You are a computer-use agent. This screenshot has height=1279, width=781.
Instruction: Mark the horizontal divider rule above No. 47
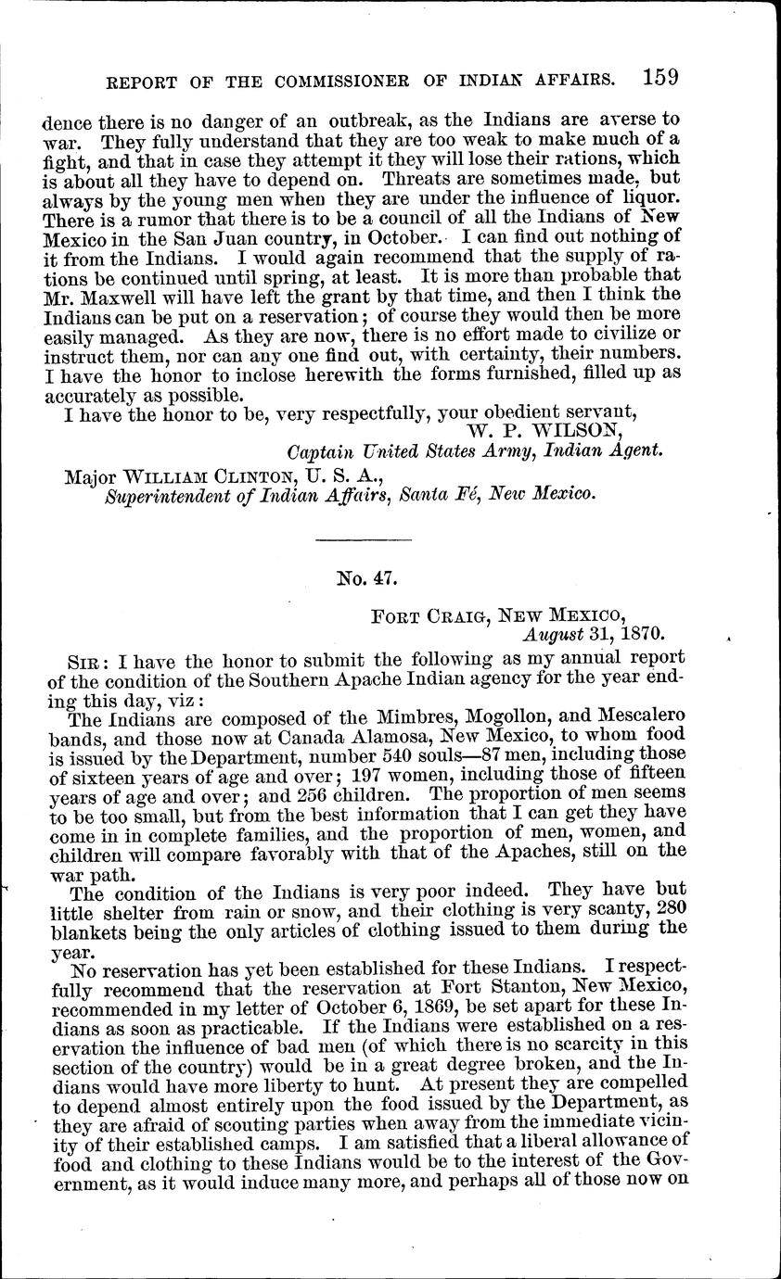[x=364, y=539]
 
